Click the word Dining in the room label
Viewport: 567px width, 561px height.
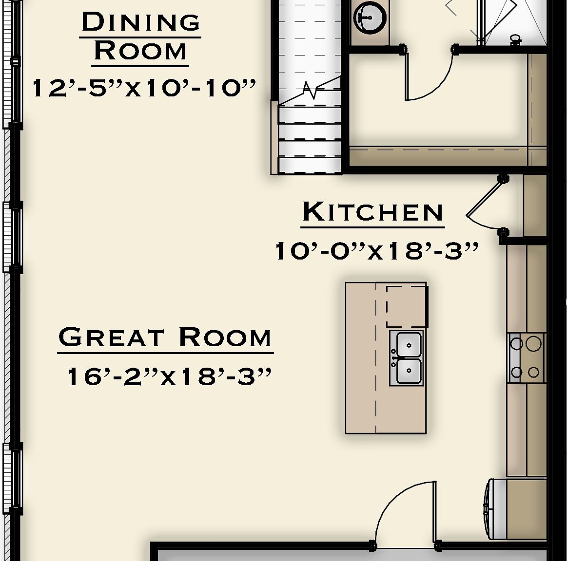[141, 23]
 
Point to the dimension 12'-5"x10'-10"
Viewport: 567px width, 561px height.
[144, 89]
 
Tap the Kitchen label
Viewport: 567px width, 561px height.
[373, 212]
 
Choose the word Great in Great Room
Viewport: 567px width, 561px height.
[111, 337]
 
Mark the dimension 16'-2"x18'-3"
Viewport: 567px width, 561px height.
[168, 376]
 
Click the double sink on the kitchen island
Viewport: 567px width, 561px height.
[407, 358]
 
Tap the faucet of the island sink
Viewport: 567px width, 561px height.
[394, 358]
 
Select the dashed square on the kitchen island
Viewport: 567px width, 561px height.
[407, 306]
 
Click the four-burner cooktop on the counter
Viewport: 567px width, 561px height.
[526, 358]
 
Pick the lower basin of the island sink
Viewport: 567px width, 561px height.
[409, 371]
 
